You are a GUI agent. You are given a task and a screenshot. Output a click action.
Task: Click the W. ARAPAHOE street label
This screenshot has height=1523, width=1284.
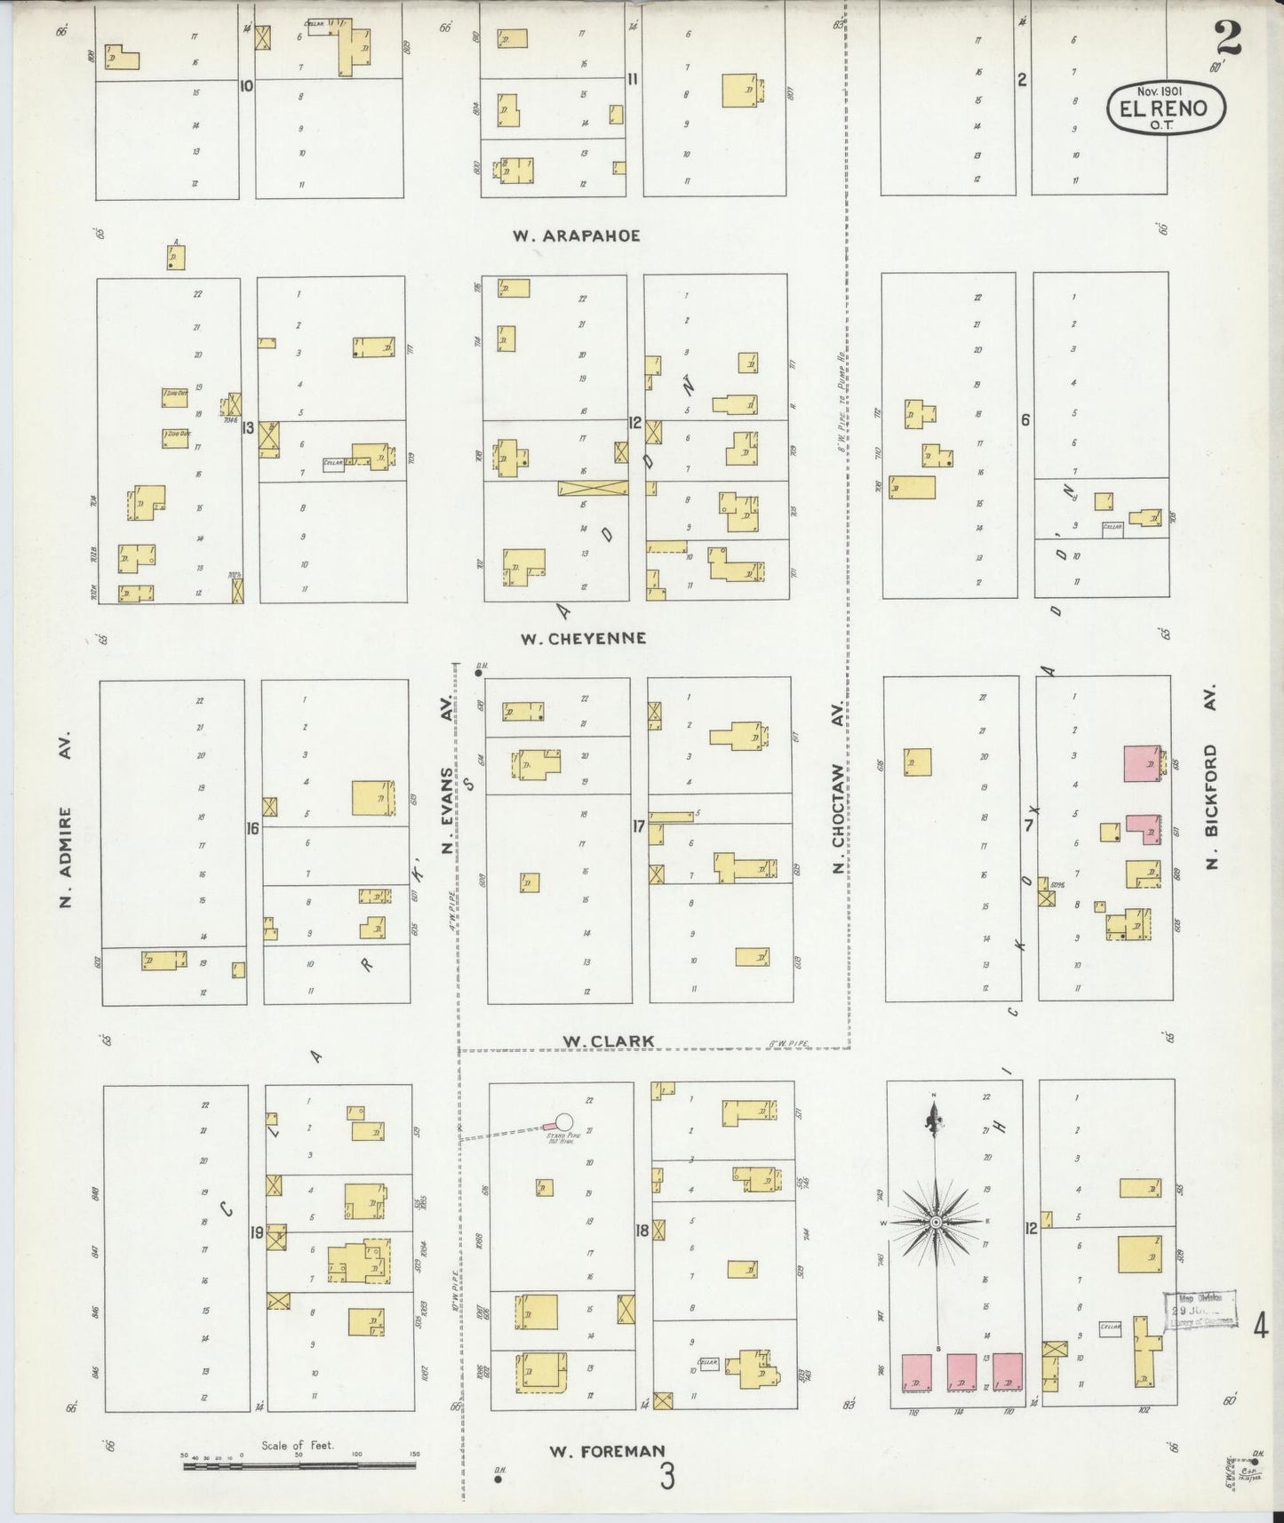click(x=576, y=235)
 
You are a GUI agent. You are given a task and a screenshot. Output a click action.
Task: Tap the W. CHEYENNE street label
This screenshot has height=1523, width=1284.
click(x=584, y=638)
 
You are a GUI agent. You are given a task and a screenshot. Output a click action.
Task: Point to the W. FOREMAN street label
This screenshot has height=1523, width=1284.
click(x=607, y=1451)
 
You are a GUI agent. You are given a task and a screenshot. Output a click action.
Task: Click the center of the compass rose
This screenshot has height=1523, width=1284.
click(x=935, y=1223)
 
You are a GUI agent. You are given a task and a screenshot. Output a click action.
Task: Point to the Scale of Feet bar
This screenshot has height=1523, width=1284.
click(x=299, y=1465)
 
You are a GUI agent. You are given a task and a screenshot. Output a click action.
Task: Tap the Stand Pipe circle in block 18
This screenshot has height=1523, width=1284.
click(x=563, y=1122)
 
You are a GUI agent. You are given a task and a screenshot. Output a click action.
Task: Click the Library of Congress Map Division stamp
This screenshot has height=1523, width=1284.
click(x=1200, y=1308)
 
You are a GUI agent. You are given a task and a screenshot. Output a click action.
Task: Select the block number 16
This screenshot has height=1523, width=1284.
click(x=253, y=828)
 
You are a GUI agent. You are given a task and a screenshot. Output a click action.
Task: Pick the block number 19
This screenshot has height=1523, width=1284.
click(x=257, y=1232)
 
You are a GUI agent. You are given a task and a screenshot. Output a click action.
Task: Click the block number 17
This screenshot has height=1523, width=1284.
click(x=638, y=826)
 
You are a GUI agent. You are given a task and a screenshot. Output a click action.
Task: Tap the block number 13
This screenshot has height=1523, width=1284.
click(x=248, y=427)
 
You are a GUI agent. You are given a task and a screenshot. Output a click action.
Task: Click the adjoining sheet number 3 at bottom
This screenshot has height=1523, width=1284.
click(x=666, y=1476)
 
